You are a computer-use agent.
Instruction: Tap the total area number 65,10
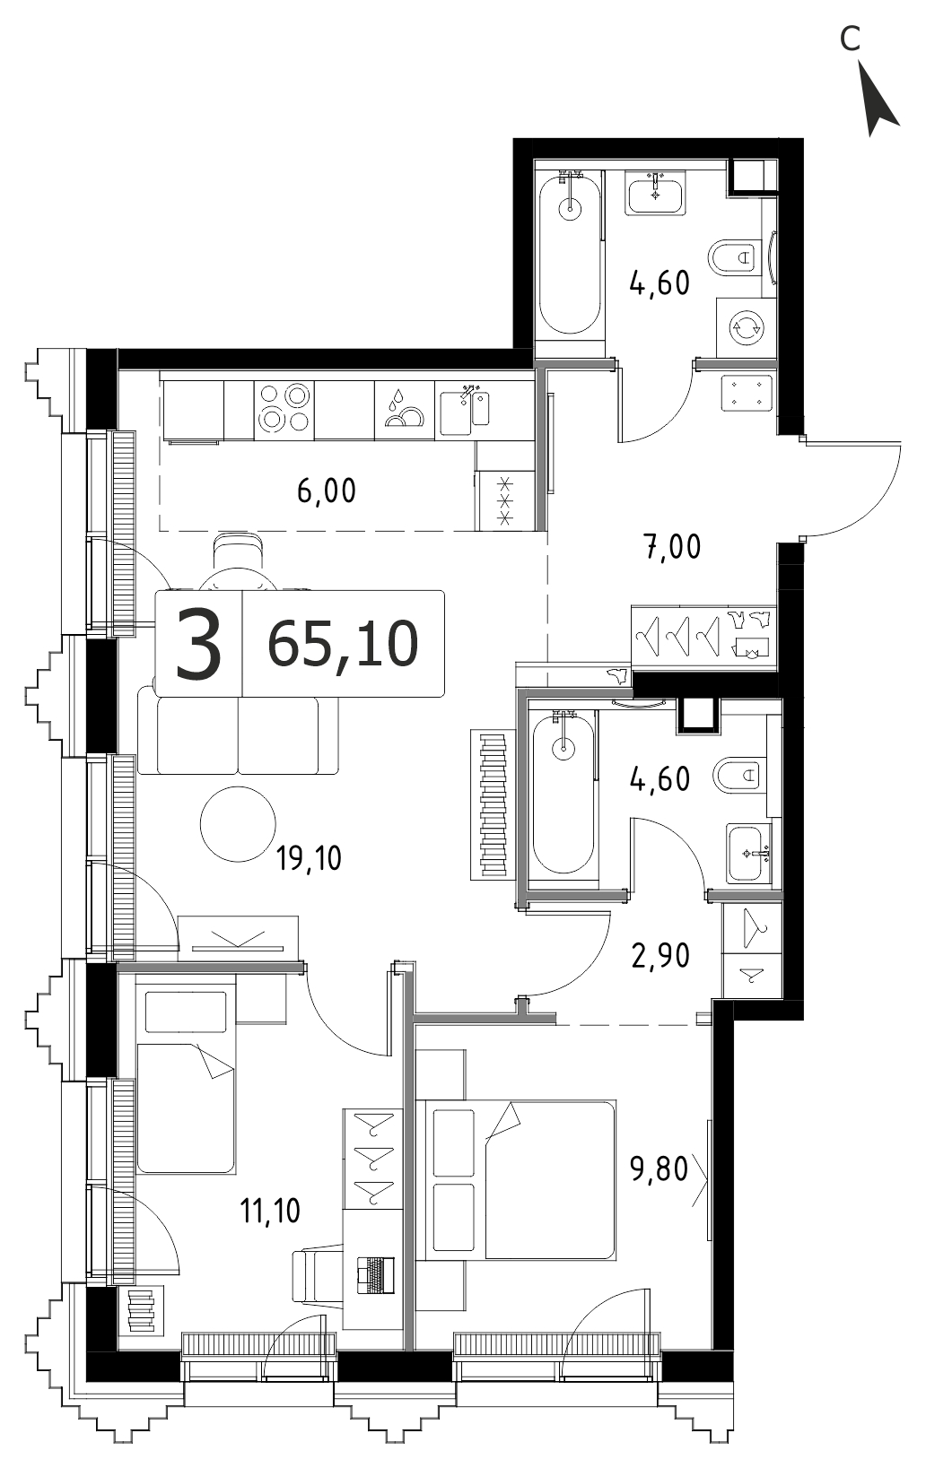(343, 644)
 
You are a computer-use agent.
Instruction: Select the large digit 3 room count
(197, 643)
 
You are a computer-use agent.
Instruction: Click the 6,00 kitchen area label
(327, 491)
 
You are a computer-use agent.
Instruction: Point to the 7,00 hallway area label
(672, 546)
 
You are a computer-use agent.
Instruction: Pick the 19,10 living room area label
(309, 858)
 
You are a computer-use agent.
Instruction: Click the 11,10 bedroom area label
(270, 1211)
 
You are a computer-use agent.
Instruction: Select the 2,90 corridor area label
(660, 956)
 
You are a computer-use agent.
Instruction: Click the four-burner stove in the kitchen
(284, 410)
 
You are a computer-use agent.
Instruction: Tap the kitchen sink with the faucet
(464, 411)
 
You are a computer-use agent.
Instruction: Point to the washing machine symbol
(747, 327)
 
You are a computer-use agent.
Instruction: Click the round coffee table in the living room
(238, 824)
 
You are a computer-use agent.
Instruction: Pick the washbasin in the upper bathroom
(655, 194)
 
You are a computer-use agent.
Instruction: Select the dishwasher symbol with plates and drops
(405, 410)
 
